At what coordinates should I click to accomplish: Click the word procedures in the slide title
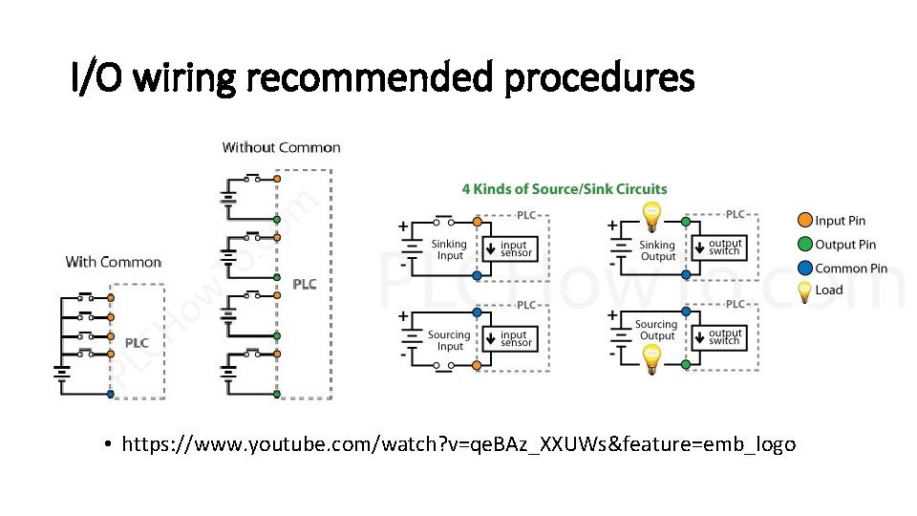[599, 78]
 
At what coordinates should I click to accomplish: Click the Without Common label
[281, 147]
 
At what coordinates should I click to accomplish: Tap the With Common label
[114, 262]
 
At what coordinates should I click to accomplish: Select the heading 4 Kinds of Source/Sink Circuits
[565, 188]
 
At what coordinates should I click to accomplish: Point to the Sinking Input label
[449, 249]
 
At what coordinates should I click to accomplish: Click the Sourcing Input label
[449, 341]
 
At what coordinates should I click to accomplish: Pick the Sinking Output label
[657, 250]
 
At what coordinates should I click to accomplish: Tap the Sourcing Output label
[656, 331]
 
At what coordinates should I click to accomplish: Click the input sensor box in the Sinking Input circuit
[514, 248]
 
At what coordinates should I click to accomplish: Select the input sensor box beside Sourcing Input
[514, 339]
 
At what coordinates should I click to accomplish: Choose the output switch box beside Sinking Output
[723, 247]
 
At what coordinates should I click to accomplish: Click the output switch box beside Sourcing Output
[723, 337]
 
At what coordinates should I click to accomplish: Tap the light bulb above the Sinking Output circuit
[651, 217]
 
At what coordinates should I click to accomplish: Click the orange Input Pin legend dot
[804, 221]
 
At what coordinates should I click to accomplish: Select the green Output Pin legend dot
[804, 245]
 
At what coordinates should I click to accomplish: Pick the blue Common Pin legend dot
[804, 269]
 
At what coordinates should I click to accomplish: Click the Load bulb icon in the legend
[804, 290]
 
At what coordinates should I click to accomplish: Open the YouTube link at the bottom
[458, 444]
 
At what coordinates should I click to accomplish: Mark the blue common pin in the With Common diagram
[112, 393]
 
